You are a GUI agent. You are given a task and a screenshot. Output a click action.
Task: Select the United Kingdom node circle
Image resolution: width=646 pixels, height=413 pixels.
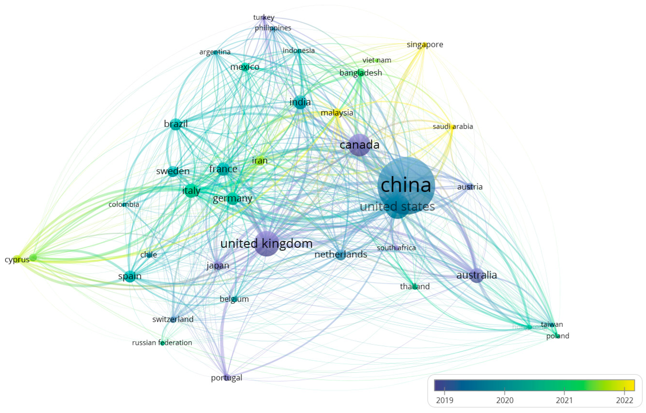tap(266, 243)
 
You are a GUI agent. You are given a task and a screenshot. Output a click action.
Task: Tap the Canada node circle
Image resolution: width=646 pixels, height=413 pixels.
tap(359, 145)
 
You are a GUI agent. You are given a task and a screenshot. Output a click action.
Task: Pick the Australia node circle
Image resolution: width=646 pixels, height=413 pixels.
tap(477, 275)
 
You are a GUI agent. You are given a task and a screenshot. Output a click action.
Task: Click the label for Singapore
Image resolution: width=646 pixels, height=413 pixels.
tap(425, 45)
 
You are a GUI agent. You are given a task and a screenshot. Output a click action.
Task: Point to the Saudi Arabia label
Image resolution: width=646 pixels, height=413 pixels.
tap(453, 126)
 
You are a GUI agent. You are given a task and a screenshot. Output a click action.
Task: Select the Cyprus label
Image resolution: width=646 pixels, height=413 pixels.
tap(17, 259)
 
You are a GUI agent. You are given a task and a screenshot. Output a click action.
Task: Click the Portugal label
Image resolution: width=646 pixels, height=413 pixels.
tap(227, 378)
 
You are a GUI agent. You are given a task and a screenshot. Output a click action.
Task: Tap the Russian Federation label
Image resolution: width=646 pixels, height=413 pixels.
tap(162, 343)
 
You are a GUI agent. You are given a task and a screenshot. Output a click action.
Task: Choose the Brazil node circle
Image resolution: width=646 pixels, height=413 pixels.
tap(176, 124)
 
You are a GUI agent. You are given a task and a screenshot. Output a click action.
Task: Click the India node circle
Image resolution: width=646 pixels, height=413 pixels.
tap(300, 102)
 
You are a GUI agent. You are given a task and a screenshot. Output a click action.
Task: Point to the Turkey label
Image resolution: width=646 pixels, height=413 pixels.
tap(264, 17)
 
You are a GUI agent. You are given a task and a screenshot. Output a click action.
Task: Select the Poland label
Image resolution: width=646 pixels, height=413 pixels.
tap(558, 336)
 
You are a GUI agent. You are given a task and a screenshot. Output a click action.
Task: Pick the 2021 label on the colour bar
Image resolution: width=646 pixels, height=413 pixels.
tap(564, 400)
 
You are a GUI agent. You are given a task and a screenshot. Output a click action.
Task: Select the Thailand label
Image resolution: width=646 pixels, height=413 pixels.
tap(415, 287)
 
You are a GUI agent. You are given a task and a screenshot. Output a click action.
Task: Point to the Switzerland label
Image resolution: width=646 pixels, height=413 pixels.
tap(173, 319)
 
